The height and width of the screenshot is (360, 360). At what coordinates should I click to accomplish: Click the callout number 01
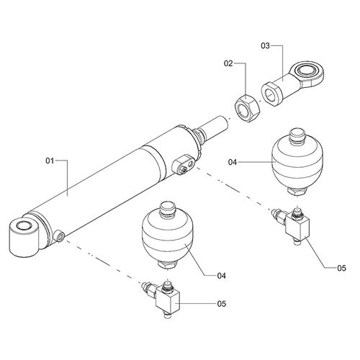(x=50, y=161)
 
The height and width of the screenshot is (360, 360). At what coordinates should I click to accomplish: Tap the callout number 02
(x=228, y=63)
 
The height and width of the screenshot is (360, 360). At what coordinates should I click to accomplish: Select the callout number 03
(x=266, y=45)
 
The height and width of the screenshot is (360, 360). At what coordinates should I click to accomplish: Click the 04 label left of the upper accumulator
(x=233, y=162)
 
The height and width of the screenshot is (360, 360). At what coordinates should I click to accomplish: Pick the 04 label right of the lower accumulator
(x=222, y=276)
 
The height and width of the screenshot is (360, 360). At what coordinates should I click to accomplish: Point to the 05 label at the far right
(x=341, y=268)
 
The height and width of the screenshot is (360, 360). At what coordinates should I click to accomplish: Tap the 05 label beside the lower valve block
(x=222, y=304)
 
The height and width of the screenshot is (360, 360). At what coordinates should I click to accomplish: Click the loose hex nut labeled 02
(x=247, y=108)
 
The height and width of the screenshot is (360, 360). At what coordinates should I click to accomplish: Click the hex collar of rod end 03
(x=272, y=94)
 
